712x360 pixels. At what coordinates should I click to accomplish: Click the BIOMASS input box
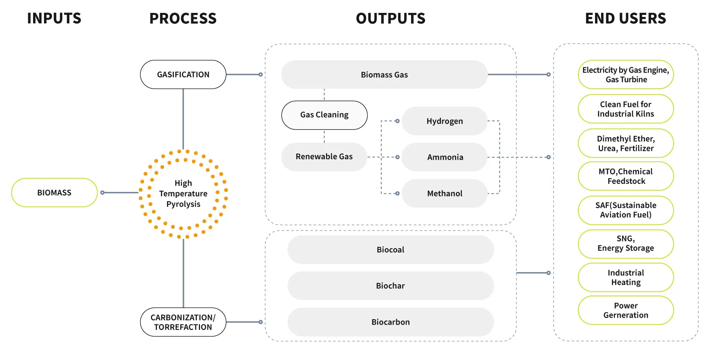(x=54, y=193)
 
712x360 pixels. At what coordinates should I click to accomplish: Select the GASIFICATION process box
(x=183, y=75)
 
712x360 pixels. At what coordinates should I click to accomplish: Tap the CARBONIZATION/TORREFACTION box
(x=183, y=322)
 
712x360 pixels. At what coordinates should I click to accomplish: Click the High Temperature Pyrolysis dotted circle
(x=183, y=194)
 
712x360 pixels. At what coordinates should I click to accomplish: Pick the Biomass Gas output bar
(x=384, y=75)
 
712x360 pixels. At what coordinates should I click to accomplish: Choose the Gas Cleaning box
(x=324, y=115)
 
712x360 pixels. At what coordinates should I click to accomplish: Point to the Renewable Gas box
(x=324, y=157)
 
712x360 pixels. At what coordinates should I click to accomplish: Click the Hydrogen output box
(x=445, y=121)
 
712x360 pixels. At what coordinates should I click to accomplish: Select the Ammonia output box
(x=445, y=157)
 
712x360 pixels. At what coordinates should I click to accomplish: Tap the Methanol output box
(x=445, y=194)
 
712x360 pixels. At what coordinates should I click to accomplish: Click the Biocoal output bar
(x=390, y=250)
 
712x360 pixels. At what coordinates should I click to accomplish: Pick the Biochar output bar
(x=390, y=286)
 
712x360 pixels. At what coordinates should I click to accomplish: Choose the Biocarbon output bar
(x=390, y=322)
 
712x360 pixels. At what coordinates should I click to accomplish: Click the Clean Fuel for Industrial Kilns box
(x=626, y=109)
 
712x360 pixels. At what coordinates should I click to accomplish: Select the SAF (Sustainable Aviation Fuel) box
(x=626, y=210)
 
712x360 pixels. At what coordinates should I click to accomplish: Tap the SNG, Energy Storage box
(x=626, y=243)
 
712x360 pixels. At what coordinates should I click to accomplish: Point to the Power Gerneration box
(x=626, y=310)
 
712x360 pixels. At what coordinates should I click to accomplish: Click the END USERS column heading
(x=625, y=19)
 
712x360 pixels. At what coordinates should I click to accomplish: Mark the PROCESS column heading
(x=183, y=19)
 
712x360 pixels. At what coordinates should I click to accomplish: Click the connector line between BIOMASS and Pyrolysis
(x=120, y=193)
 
